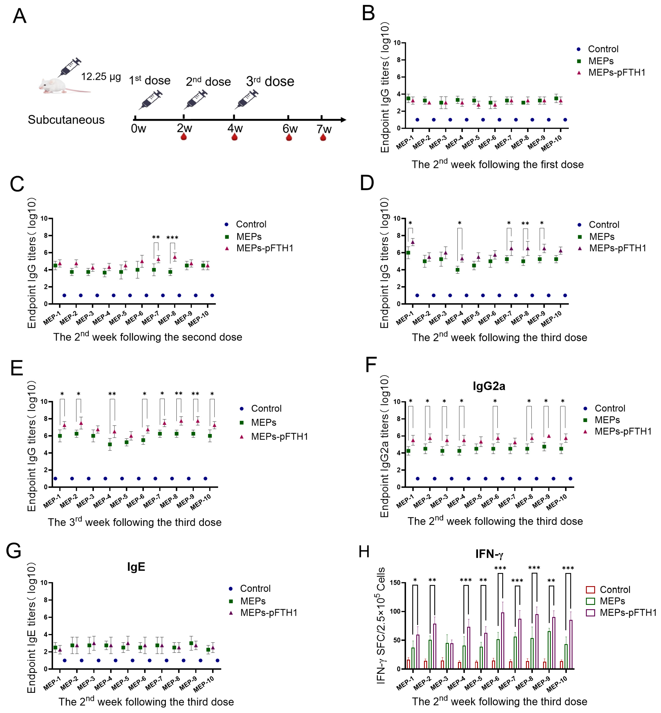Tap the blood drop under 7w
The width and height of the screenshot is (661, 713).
323,137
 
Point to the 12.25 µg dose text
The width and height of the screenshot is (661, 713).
101,77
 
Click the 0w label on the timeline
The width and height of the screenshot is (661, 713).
138,128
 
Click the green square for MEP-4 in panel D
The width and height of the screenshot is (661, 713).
458,270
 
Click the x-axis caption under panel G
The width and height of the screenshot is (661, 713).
146,702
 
